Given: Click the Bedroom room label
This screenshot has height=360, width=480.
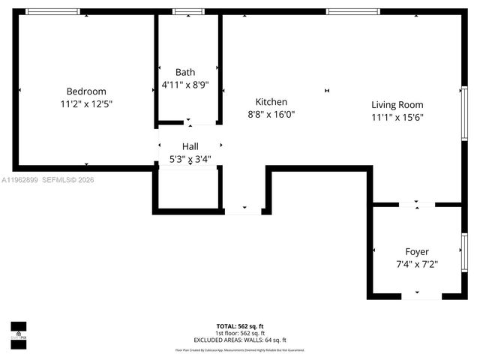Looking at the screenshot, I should tap(86, 91).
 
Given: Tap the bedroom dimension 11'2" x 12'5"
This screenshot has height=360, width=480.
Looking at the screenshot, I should tap(86, 104).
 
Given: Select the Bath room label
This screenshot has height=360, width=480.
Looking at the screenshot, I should tap(185, 72).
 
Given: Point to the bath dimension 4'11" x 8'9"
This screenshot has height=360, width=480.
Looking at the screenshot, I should tap(185, 85).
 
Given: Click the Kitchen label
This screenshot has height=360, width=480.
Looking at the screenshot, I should tap(271, 102).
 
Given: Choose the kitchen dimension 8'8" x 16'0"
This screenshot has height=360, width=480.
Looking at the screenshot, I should tap(271, 115).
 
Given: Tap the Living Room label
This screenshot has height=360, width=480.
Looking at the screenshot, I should tap(397, 105).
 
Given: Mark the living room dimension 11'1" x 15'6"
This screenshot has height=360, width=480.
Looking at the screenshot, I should tap(397, 118).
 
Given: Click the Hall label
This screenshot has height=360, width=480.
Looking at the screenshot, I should tap(190, 146).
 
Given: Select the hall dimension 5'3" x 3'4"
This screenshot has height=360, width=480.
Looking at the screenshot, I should tap(190, 159).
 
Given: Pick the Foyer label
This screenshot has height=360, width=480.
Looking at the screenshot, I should tap(417, 251).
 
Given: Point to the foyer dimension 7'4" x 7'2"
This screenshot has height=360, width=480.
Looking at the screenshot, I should tap(417, 264).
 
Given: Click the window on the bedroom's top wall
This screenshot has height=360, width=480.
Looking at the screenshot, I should tap(52, 12).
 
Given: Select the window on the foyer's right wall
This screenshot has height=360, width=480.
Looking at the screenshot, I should tap(464, 252).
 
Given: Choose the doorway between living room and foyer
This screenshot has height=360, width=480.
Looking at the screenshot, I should tap(417, 204).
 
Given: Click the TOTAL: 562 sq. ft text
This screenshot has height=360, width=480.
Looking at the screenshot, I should tap(240, 326).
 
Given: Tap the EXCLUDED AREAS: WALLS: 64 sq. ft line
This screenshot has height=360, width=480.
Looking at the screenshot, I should tap(240, 340).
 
